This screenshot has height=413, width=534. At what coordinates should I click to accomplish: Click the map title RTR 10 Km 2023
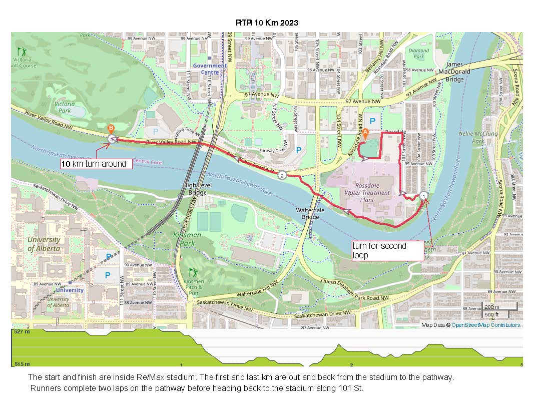coord(267,23)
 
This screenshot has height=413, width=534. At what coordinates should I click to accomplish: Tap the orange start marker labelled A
coord(365,133)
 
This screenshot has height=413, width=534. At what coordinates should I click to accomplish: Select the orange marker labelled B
coord(111,128)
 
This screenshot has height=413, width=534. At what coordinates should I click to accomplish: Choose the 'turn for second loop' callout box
coord(387,250)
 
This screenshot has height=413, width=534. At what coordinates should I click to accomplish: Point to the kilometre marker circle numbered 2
coord(282,175)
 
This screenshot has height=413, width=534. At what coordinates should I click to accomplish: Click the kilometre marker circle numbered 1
coord(423,196)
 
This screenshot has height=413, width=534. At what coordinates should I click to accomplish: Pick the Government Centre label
coord(210,69)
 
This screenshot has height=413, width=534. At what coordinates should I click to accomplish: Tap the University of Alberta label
coord(44,244)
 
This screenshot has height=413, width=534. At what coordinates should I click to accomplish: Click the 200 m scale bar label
coord(491,307)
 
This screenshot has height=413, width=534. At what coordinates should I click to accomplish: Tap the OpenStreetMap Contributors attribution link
coord(485,325)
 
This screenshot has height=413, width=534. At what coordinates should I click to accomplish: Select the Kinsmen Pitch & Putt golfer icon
coord(193,272)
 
